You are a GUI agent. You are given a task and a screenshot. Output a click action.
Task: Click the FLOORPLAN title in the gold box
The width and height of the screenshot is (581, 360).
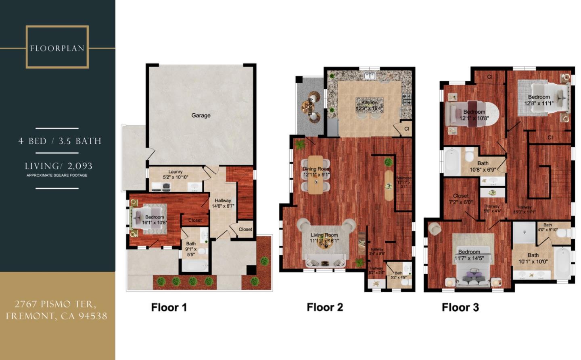click(57, 48)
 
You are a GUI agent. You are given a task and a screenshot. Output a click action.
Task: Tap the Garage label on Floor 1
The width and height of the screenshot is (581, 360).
click(201, 116)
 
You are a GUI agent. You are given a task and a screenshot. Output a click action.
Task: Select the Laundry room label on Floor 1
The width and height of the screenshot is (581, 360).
click(176, 175)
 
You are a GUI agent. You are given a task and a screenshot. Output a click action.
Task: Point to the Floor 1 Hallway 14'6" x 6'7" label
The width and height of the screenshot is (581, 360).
click(223, 203)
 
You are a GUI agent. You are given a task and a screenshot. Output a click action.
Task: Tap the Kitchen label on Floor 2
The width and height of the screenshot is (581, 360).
click(369, 106)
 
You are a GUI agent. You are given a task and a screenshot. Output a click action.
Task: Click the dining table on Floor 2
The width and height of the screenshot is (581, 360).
click(316, 174)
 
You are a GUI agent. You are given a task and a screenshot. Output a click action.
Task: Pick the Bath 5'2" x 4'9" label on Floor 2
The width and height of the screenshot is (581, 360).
click(398, 275)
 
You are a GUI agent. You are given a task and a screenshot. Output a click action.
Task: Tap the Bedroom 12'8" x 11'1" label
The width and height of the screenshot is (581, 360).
click(539, 100)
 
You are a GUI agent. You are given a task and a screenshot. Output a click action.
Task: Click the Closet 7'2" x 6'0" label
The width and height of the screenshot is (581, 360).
click(460, 199)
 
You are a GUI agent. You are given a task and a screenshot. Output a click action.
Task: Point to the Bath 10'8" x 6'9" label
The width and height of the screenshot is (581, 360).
click(483, 166)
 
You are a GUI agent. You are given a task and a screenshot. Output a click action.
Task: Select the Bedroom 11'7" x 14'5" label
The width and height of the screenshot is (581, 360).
click(469, 255)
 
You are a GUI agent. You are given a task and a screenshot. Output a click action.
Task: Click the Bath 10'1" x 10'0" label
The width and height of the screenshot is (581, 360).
click(533, 258)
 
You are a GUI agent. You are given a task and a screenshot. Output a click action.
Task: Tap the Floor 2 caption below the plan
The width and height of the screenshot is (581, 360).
click(325, 307)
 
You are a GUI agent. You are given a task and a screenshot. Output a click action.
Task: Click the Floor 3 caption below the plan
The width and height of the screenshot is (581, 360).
click(460, 308)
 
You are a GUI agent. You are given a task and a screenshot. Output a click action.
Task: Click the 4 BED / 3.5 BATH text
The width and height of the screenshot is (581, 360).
click(60, 141)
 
